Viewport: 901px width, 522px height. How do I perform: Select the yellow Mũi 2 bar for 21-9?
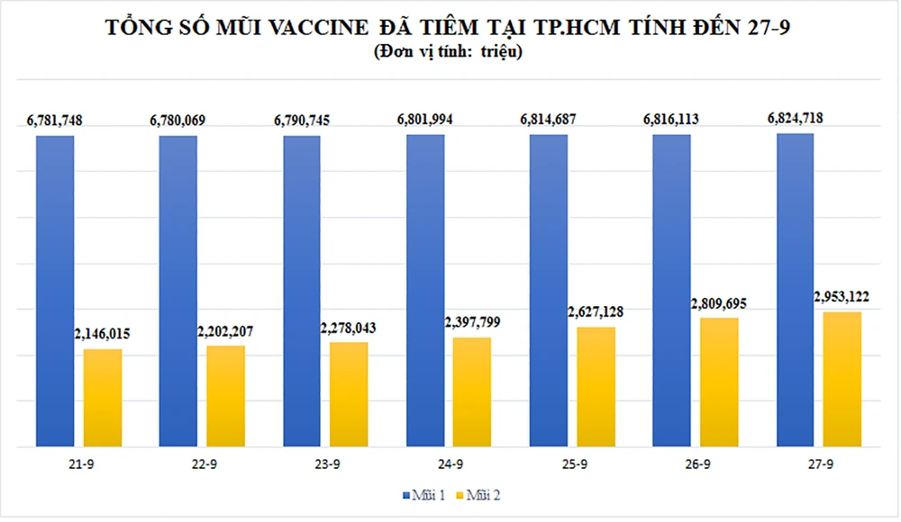[x=103, y=397]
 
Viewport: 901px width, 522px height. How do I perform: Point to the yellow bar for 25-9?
[x=596, y=386]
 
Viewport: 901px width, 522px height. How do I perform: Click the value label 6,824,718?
[x=795, y=118]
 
